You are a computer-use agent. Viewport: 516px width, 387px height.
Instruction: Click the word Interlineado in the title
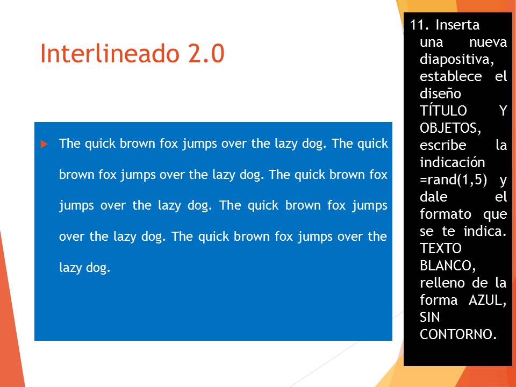(110, 53)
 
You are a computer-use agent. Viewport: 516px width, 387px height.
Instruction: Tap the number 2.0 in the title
(206, 53)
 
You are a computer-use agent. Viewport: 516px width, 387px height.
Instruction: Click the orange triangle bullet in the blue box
(45, 144)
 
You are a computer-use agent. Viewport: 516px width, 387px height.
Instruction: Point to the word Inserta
(457, 25)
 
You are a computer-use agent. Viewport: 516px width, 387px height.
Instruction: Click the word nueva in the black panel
(488, 42)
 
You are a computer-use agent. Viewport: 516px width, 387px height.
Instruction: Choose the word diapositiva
(457, 60)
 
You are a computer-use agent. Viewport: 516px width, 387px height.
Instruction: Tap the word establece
(451, 76)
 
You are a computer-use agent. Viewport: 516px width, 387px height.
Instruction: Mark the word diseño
(440, 94)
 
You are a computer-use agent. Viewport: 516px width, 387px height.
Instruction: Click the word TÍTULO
(443, 111)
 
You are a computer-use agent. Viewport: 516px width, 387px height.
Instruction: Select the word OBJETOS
(450, 128)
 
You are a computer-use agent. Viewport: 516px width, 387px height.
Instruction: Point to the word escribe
(443, 145)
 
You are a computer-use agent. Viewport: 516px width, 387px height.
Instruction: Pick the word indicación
(453, 162)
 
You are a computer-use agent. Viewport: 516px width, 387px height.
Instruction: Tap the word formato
(446, 214)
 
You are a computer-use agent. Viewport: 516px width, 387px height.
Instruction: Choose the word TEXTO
(441, 248)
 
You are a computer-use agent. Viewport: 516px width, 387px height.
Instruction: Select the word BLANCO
(448, 266)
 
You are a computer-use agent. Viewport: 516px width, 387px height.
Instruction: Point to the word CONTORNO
(458, 334)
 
